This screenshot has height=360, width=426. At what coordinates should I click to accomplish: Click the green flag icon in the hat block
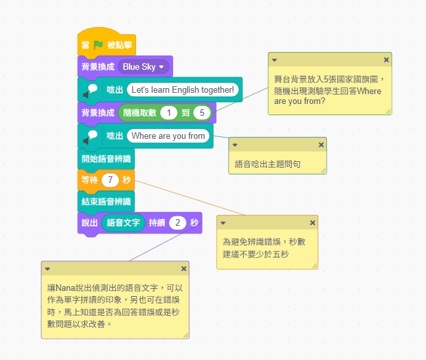[98, 45]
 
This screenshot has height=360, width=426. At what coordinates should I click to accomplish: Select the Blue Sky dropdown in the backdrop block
[144, 66]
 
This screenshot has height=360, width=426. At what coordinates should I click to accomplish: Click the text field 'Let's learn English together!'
[182, 90]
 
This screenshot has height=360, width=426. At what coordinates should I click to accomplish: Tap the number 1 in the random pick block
[168, 113]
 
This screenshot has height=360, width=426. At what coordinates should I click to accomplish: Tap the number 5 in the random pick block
[202, 113]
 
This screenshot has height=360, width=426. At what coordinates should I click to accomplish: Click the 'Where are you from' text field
[168, 136]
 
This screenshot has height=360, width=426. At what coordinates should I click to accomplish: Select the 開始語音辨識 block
[106, 159]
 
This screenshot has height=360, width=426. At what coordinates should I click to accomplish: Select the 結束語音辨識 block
[106, 201]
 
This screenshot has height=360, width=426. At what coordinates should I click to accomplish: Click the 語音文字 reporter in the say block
[123, 223]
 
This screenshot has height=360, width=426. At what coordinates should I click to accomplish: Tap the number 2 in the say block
[177, 223]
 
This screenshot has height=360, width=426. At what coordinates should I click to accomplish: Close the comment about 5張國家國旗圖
[386, 59]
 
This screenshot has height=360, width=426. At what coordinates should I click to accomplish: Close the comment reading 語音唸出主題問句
[321, 144]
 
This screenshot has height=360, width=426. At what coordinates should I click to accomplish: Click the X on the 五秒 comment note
[312, 222]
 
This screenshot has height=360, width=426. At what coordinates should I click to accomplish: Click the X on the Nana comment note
[183, 269]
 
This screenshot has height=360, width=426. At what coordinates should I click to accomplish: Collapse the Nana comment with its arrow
[47, 269]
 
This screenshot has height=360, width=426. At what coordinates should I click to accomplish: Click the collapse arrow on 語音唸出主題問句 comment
[235, 144]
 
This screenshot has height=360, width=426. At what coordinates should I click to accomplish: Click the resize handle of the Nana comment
[185, 335]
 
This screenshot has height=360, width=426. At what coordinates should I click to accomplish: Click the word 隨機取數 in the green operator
[139, 113]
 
